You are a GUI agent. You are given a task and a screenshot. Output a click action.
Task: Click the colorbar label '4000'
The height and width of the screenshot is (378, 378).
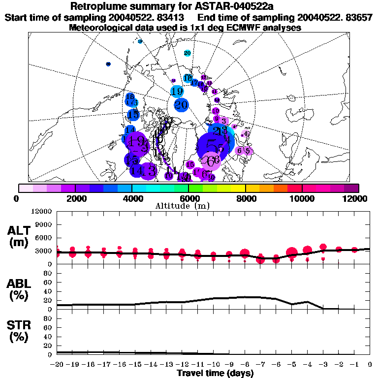(131, 198)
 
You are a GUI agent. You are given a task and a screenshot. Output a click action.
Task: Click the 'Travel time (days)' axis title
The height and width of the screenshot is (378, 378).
(215, 373)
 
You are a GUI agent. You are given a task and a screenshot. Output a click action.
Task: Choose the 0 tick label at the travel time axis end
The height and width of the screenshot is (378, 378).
(370, 364)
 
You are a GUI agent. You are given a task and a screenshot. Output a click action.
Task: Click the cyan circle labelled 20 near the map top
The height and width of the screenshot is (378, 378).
(187, 53)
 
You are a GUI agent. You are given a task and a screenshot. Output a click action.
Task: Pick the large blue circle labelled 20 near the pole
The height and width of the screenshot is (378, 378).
(181, 105)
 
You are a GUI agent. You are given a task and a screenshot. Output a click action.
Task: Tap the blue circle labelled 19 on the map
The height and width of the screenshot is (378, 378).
(177, 91)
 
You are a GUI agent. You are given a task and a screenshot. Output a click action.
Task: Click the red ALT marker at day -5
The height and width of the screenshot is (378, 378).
(291, 253)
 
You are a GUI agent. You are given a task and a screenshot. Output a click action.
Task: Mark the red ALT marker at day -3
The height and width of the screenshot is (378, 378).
(323, 247)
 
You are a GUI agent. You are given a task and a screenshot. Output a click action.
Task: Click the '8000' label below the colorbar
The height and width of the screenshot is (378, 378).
(245, 198)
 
